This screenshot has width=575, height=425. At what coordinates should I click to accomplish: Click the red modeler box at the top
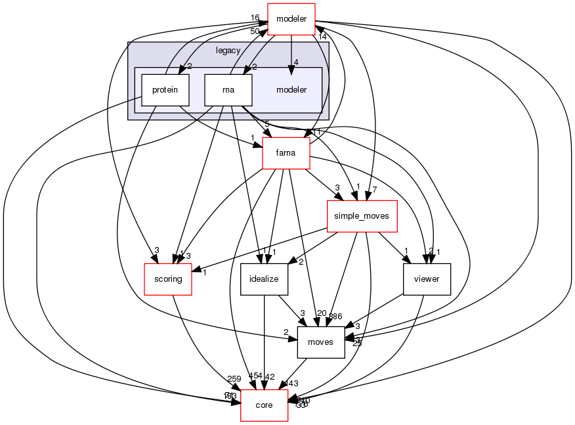[291, 18]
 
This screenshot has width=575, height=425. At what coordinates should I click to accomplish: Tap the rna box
[228, 90]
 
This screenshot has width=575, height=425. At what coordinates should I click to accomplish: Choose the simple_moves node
[362, 216]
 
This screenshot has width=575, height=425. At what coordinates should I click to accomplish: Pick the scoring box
[167, 279]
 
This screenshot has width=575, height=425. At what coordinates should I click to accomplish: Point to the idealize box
[264, 279]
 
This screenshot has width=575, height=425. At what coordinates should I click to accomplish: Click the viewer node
[427, 279]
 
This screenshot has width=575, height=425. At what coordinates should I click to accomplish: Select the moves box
[321, 342]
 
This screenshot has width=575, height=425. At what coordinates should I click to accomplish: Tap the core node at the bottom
[264, 405]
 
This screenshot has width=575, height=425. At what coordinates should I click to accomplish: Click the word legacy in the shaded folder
[228, 51]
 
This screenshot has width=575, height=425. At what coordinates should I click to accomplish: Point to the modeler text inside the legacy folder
[291, 89]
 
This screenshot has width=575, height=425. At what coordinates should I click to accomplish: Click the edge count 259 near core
[234, 379]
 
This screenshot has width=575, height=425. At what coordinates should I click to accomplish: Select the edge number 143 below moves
[291, 384]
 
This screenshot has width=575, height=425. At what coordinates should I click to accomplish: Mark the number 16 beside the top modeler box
[255, 18]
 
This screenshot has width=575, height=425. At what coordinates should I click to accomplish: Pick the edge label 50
[254, 31]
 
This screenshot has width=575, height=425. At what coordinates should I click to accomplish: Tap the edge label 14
[322, 37]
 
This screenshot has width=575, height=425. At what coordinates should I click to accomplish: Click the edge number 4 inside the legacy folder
[297, 63]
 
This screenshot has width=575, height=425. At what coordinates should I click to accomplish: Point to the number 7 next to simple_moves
[373, 189]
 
